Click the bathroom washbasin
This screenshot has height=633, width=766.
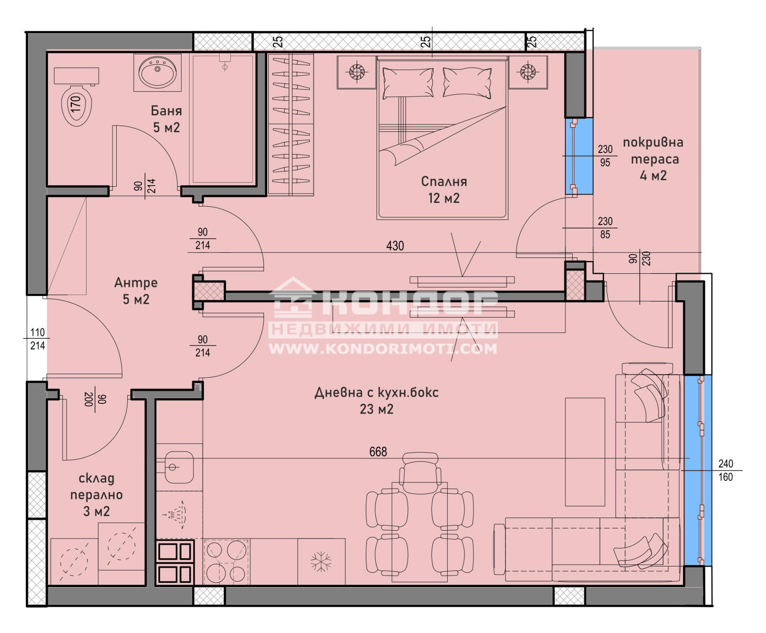pos(157,72)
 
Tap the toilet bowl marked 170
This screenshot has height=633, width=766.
pos(77,105)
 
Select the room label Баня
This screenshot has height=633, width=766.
pos(166,111)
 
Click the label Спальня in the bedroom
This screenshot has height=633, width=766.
pos(444,181)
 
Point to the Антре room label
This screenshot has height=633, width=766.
pos(136,283)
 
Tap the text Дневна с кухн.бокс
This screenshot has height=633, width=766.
pos(376,392)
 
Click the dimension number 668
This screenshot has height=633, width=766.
pos(378,452)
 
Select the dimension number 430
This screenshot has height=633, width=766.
pos(395,246)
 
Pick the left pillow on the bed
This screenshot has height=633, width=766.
pos(408,83)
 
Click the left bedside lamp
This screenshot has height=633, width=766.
pos(356,72)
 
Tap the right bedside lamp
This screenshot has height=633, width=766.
pos(527,72)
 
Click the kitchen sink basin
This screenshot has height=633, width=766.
pos(178,467)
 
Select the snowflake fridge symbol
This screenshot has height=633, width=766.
pos(321,562)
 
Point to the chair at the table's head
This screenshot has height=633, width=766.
pos(420,473)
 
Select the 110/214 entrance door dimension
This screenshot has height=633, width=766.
pos(37,339)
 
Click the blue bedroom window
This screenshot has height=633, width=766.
pos(579,156)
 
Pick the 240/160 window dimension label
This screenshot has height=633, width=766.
pos(726,470)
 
